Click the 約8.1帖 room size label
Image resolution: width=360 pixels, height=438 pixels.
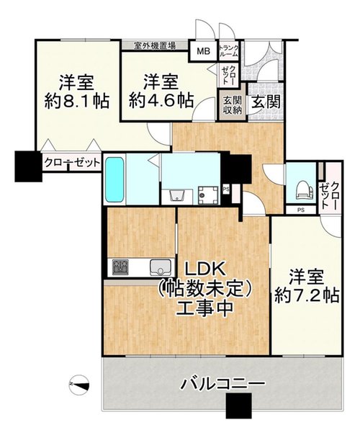77,102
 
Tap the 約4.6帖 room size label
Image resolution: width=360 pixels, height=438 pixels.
161,101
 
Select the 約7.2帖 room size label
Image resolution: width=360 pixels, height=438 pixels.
307,295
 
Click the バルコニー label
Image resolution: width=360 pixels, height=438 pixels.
222,384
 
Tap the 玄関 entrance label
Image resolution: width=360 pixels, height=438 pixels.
266,102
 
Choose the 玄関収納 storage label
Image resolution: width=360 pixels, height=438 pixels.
232,105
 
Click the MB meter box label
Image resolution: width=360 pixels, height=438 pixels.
203,51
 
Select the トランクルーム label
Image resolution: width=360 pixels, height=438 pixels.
229,50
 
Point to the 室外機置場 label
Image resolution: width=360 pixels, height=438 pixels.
155,45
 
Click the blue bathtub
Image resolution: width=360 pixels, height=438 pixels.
114,179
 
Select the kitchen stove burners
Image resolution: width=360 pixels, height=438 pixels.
120,267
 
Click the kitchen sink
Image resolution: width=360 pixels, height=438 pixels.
161,267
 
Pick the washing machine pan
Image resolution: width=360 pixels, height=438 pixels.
208,195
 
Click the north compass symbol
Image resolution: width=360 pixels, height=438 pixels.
79,385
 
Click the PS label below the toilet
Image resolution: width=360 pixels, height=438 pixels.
300,210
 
